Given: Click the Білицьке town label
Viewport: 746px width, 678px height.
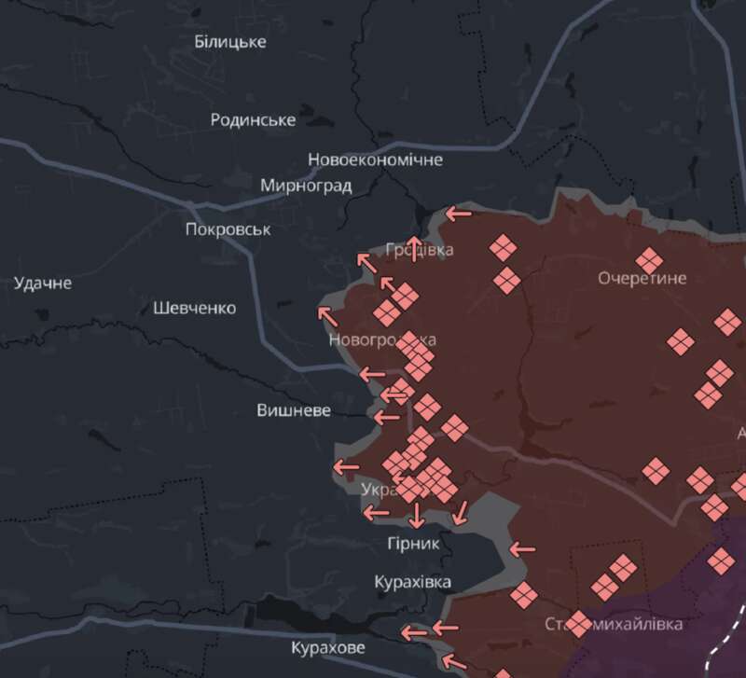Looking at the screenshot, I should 230,42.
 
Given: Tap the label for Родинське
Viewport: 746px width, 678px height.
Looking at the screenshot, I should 253,119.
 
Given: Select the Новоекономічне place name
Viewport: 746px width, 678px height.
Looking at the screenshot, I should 375,159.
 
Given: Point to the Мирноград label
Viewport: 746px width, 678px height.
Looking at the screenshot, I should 306,185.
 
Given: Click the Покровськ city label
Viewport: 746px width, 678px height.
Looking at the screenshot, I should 228,229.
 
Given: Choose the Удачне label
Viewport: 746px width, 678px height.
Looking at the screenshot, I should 43,283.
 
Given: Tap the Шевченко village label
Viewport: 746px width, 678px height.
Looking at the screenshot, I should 195,308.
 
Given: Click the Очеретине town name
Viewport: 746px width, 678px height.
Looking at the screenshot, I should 642,278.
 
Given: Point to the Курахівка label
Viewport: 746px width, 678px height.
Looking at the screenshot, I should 412,582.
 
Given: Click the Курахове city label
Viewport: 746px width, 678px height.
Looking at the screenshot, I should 328,647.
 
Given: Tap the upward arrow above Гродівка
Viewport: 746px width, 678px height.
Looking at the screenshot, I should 416,246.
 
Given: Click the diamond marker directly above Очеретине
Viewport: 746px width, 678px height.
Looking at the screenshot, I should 649,261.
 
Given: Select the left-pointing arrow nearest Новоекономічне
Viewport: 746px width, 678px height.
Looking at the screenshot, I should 458,214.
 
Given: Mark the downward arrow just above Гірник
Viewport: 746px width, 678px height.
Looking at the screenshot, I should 416,516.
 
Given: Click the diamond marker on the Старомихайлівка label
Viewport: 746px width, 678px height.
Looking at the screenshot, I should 579,623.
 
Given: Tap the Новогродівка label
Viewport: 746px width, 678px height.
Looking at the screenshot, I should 381,340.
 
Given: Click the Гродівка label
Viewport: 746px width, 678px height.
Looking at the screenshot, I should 420,250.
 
